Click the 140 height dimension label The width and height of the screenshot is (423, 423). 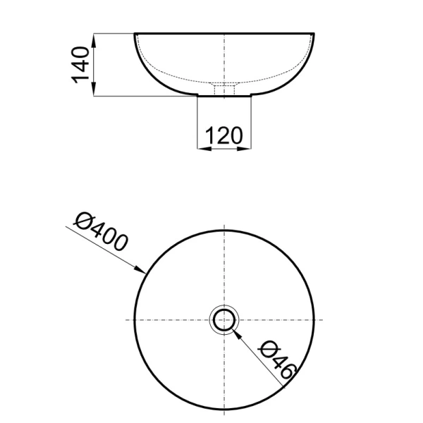[80, 65]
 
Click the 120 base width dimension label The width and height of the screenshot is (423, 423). [224, 135]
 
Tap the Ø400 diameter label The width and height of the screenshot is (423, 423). [100, 231]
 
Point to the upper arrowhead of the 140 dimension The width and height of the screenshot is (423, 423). [94, 40]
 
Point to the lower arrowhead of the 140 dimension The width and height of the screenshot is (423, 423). [94, 89]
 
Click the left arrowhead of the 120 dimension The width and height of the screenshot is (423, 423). [204, 148]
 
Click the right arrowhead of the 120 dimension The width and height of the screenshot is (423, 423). [244, 148]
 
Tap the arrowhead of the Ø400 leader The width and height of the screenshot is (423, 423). [140, 269]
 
